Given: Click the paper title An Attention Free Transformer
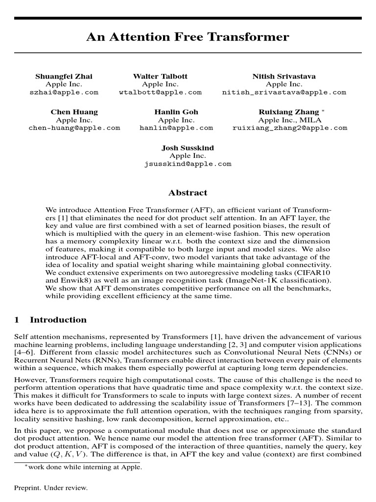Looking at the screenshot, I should (188, 37).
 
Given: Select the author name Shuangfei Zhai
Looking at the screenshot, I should (64, 76).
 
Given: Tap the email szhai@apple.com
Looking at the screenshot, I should (64, 92).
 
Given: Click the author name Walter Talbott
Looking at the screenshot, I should (160, 76).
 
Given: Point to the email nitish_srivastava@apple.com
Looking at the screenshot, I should (284, 92).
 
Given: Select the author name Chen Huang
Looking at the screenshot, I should (74, 112).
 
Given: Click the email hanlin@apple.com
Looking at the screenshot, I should (176, 128).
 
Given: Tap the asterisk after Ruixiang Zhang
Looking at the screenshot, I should (323, 111).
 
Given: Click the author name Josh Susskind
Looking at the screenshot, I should (188, 148).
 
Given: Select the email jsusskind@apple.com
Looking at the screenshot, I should (188, 164).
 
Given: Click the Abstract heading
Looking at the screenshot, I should (188, 193).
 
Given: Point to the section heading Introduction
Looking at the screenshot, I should (58, 320).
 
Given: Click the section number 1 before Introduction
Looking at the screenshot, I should (17, 320).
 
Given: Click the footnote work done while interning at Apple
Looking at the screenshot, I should (85, 467).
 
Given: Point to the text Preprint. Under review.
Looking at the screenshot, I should (51, 488).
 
